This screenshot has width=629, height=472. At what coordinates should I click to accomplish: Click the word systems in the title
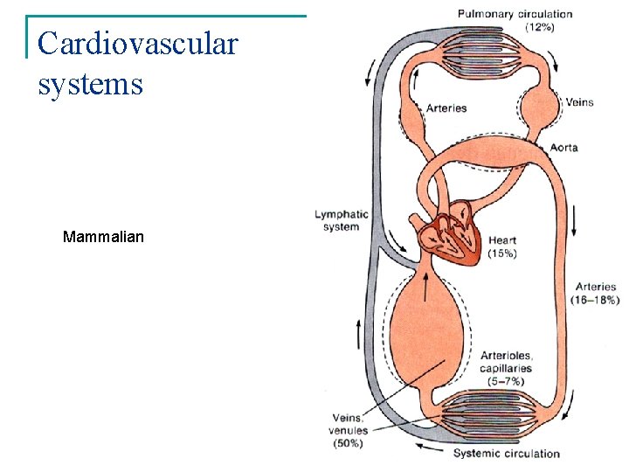pos(90,84)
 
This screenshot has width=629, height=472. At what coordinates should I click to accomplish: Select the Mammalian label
pos(103,237)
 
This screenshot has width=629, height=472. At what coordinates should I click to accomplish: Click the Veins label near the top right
pos(579,102)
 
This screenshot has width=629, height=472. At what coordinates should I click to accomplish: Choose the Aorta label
pos(563,148)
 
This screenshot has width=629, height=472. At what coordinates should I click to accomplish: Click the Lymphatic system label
pos(342,220)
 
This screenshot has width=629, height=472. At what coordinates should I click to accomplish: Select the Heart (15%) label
pos(502,246)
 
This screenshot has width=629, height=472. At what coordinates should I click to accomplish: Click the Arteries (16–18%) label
pos(597,293)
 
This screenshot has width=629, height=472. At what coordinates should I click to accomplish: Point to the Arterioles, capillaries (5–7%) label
pos(507,368)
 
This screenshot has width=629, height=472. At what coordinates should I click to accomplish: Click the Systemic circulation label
pos(506,454)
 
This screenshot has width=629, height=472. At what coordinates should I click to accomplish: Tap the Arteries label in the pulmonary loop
pos(446,108)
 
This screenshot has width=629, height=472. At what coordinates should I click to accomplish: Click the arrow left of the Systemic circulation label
pos(429,448)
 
